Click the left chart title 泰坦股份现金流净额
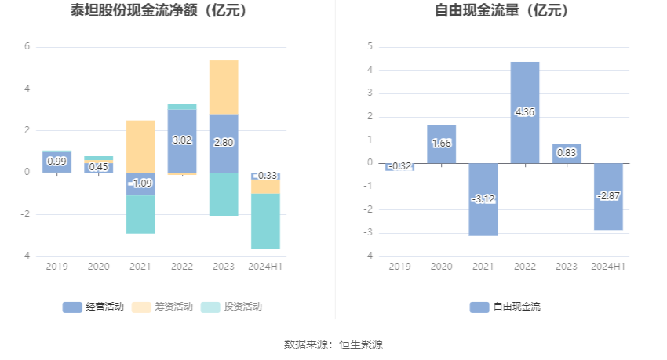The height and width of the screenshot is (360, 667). pos(166,11)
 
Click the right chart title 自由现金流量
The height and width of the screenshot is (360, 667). pos(502,11)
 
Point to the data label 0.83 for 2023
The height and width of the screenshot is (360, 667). pos(567,154)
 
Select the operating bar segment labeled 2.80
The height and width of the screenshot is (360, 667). pos(224,143)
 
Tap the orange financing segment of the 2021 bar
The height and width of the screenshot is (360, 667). pos(140,146)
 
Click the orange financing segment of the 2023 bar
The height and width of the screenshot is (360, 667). pos(224,87)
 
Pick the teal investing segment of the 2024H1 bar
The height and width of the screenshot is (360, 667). pos(265,221)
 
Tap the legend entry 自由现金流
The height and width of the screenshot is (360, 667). pos(506,307)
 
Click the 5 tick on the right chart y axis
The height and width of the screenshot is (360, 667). pos(370,46)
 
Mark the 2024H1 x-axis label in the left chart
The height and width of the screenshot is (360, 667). pos(265,267)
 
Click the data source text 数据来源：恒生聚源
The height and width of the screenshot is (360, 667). pos(333,344)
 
